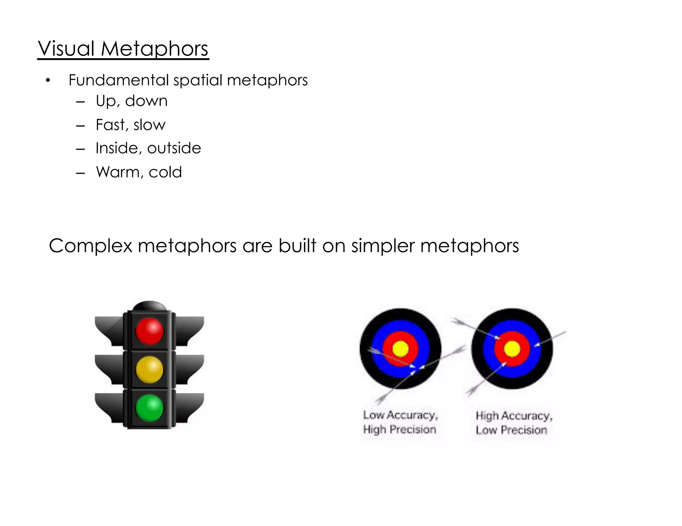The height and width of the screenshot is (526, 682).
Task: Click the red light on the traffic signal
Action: pyautogui.click(x=150, y=331)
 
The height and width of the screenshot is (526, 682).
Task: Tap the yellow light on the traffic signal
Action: pyautogui.click(x=150, y=369)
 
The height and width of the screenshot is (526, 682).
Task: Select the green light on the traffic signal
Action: pyautogui.click(x=150, y=408)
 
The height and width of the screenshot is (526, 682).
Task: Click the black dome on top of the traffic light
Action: pyautogui.click(x=149, y=306)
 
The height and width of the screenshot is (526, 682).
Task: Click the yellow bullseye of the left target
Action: pyautogui.click(x=400, y=349)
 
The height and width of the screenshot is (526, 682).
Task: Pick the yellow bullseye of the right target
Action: pyautogui.click(x=512, y=349)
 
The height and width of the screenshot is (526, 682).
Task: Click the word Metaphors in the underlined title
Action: pyautogui.click(x=155, y=49)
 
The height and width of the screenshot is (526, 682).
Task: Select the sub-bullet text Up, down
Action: pyautogui.click(x=132, y=101)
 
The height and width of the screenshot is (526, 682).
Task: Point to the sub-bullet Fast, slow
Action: pyautogui.click(x=130, y=125)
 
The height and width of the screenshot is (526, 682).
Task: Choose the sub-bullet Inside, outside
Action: pyautogui.click(x=148, y=148)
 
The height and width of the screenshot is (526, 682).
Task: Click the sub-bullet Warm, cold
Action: pyautogui.click(x=139, y=172)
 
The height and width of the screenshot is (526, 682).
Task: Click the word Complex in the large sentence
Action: pyautogui.click(x=91, y=246)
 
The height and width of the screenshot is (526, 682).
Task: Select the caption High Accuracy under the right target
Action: pyautogui.click(x=514, y=416)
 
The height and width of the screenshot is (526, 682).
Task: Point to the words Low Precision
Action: pyautogui.click(x=511, y=430)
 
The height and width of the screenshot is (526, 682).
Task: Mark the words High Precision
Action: pyautogui.click(x=400, y=429)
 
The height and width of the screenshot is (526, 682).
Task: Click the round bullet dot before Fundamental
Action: pyautogui.click(x=48, y=81)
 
